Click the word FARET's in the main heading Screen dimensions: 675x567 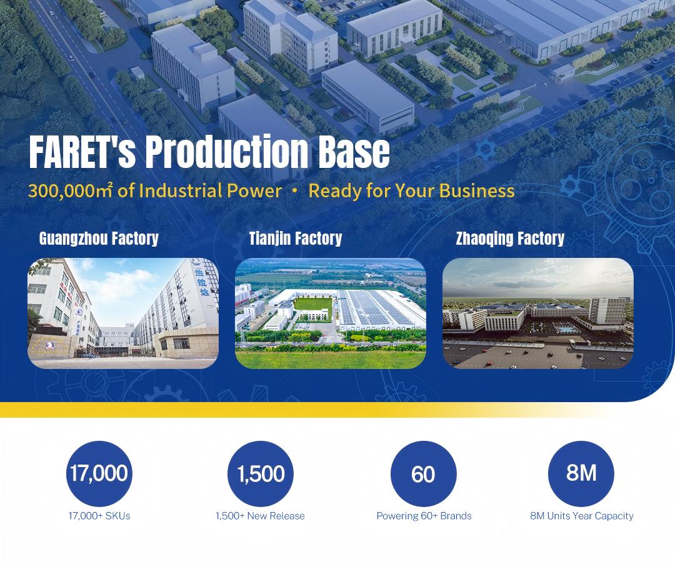click(82, 152)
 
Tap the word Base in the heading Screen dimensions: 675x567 click(354, 152)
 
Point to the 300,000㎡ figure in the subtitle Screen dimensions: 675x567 click(71, 190)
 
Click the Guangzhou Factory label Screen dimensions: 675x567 click(99, 239)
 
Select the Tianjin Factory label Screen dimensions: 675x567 click(295, 239)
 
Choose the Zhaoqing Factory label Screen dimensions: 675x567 click(510, 239)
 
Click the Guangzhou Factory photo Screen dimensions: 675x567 click(123, 313)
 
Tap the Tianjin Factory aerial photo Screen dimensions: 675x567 click(331, 313)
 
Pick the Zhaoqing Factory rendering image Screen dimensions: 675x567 click(538, 313)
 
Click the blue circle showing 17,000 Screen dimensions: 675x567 click(99, 474)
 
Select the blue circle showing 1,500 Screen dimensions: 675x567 click(261, 474)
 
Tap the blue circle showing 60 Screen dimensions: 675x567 click(424, 474)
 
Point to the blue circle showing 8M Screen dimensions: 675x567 click(581, 474)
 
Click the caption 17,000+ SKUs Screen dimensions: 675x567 click(99, 516)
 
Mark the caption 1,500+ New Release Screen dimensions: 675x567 click(260, 516)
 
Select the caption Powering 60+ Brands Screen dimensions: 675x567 click(424, 516)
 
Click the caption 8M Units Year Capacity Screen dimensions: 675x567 click(582, 516)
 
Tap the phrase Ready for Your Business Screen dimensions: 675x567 click(411, 190)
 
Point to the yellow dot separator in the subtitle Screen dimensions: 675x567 click(295, 192)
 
